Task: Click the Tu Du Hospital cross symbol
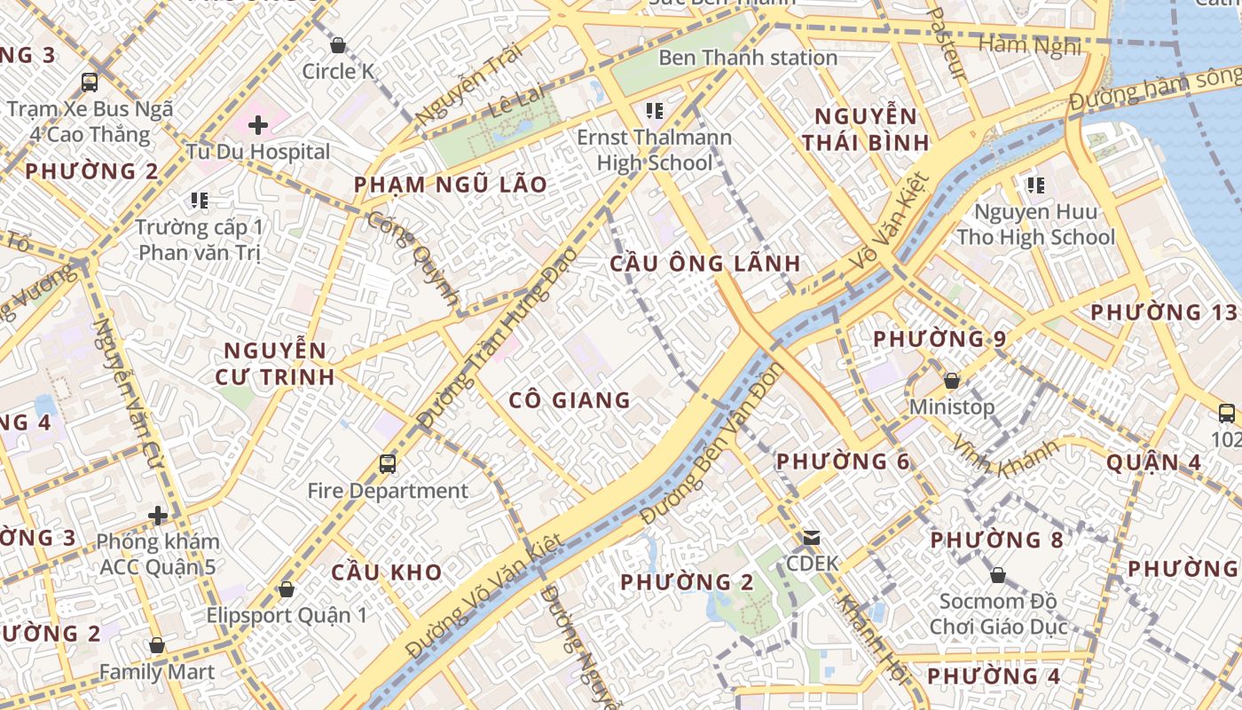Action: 258,125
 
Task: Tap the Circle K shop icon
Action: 338,45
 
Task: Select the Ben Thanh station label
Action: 747,58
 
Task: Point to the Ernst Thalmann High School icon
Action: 655,111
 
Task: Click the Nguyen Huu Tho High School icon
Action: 1035,185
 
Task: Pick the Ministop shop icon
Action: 952,381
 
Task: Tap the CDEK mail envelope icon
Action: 812,537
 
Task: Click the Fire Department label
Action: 388,491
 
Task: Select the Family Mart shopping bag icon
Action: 157,645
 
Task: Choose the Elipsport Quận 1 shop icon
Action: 286,588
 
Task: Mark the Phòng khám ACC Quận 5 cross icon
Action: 158,515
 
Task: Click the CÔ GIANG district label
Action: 570,400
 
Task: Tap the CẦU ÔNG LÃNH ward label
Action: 705,264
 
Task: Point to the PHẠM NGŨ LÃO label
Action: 451,185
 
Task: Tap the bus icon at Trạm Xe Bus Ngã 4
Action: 90,83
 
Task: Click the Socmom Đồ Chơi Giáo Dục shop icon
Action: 998,575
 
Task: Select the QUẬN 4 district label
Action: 1154,462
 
